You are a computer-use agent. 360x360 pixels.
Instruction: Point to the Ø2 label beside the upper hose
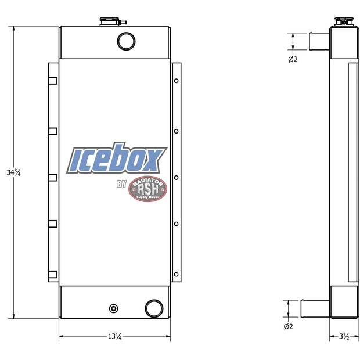coord(293,59)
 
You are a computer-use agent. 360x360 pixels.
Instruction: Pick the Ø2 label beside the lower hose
coord(288,326)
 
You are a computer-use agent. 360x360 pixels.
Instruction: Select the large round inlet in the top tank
coord(126,41)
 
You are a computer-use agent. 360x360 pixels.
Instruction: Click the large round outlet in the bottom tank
coord(154,308)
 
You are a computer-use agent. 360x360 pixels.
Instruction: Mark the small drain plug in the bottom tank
coord(113,308)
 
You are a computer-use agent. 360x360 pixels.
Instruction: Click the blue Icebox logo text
coord(118,160)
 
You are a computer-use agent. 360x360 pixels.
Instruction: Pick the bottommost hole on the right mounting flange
coord(176,268)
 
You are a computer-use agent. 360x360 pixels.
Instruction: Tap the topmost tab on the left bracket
coord(53,80)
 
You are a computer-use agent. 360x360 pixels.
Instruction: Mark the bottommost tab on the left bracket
coord(53,273)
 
